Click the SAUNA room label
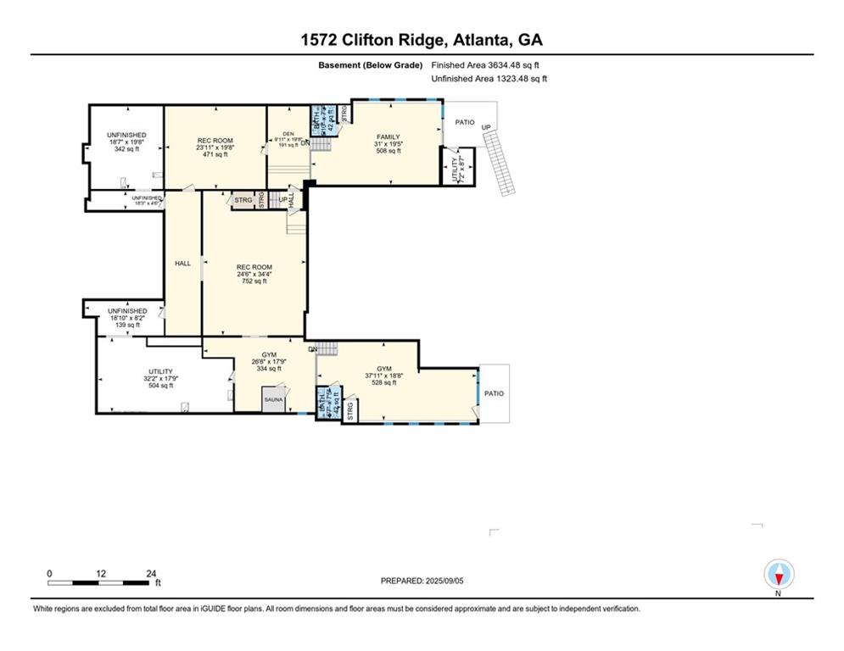[x=273, y=398]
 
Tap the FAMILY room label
[x=388, y=136]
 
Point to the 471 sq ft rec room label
[x=215, y=141]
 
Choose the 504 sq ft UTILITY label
[x=160, y=372]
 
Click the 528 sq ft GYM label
[x=384, y=370]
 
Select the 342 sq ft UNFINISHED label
[x=126, y=136]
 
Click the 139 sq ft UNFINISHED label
[x=126, y=311]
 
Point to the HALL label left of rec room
[x=182, y=264]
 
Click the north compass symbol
[x=778, y=576]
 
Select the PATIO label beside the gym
[x=494, y=393]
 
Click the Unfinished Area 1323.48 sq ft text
[x=489, y=79]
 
